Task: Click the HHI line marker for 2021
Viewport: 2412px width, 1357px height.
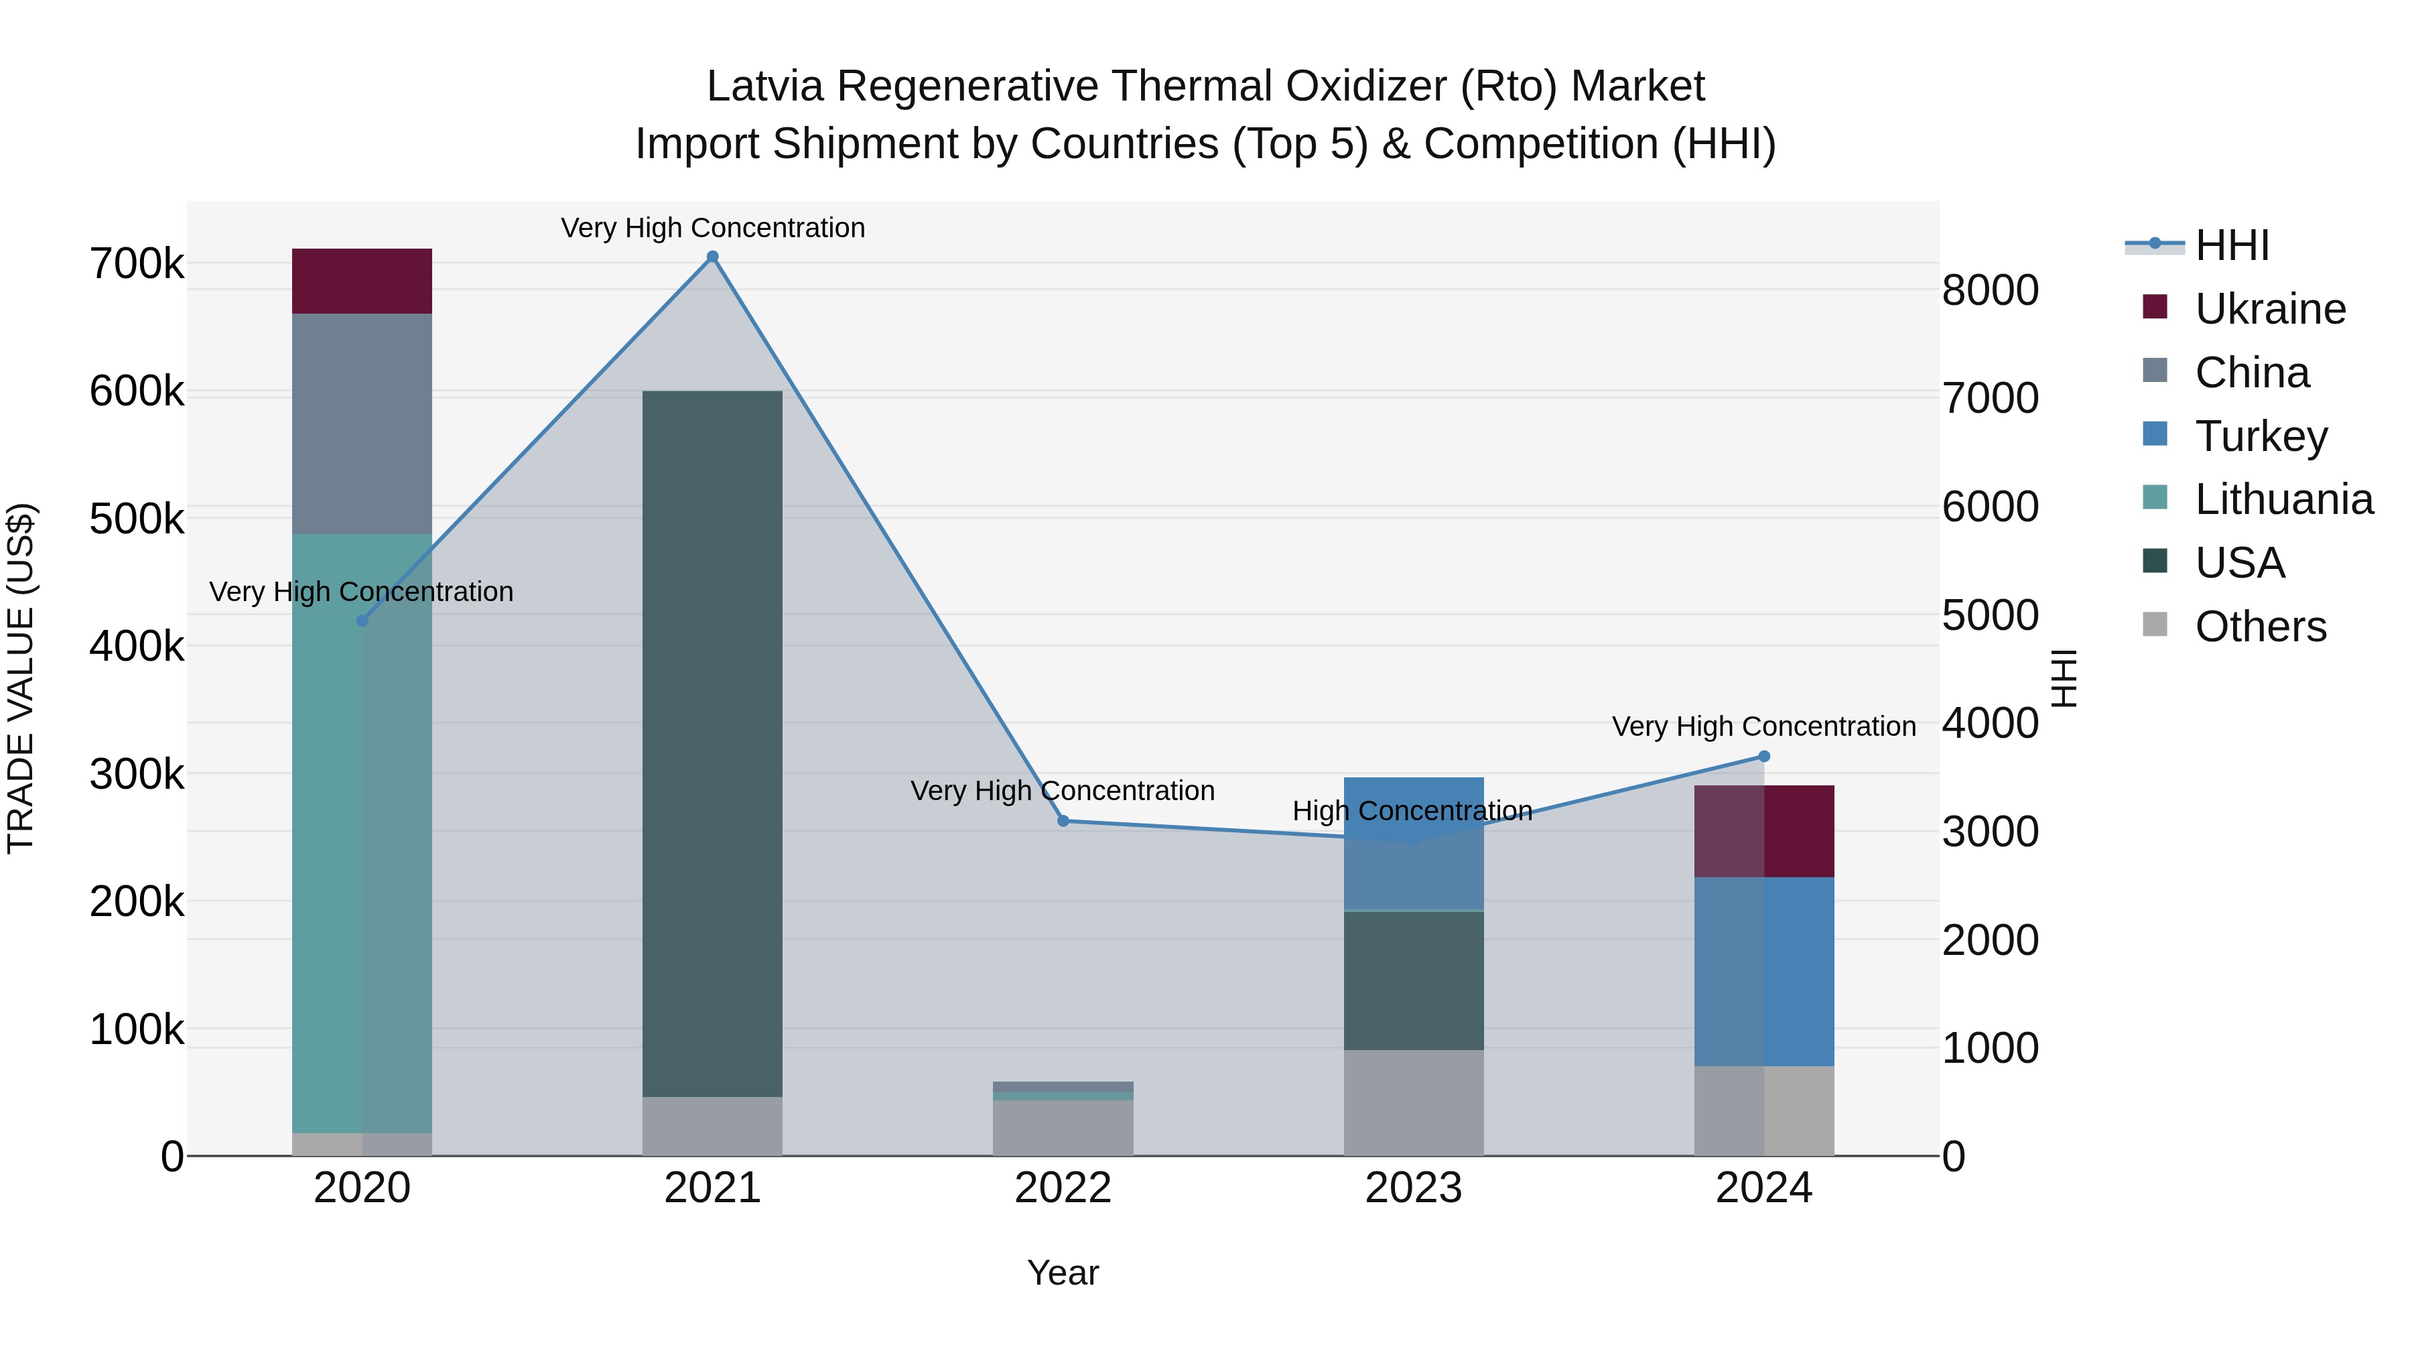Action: click(x=713, y=257)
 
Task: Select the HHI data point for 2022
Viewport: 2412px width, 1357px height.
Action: click(x=1063, y=822)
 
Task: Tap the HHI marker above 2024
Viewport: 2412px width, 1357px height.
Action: click(x=1764, y=757)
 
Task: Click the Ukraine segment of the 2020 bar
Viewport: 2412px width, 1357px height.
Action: click(x=362, y=281)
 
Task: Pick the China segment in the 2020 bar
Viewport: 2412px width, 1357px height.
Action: click(x=362, y=424)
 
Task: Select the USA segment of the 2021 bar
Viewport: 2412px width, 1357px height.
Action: click(x=713, y=744)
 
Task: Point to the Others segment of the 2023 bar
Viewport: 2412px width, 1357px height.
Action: click(x=1414, y=1102)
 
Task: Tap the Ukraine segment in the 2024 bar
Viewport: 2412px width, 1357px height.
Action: click(x=1764, y=832)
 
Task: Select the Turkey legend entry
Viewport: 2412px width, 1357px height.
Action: click(x=2261, y=436)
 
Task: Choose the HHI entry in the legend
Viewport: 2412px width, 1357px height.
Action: click(x=2232, y=245)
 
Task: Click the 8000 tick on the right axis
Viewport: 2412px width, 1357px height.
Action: click(x=1990, y=290)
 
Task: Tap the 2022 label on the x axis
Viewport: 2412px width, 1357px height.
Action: click(x=1063, y=1188)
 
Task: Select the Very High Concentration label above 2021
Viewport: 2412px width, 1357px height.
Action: click(x=713, y=228)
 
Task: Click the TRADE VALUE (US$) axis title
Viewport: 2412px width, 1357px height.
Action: click(x=21, y=678)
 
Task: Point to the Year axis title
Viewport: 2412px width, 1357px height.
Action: click(x=1063, y=1273)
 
